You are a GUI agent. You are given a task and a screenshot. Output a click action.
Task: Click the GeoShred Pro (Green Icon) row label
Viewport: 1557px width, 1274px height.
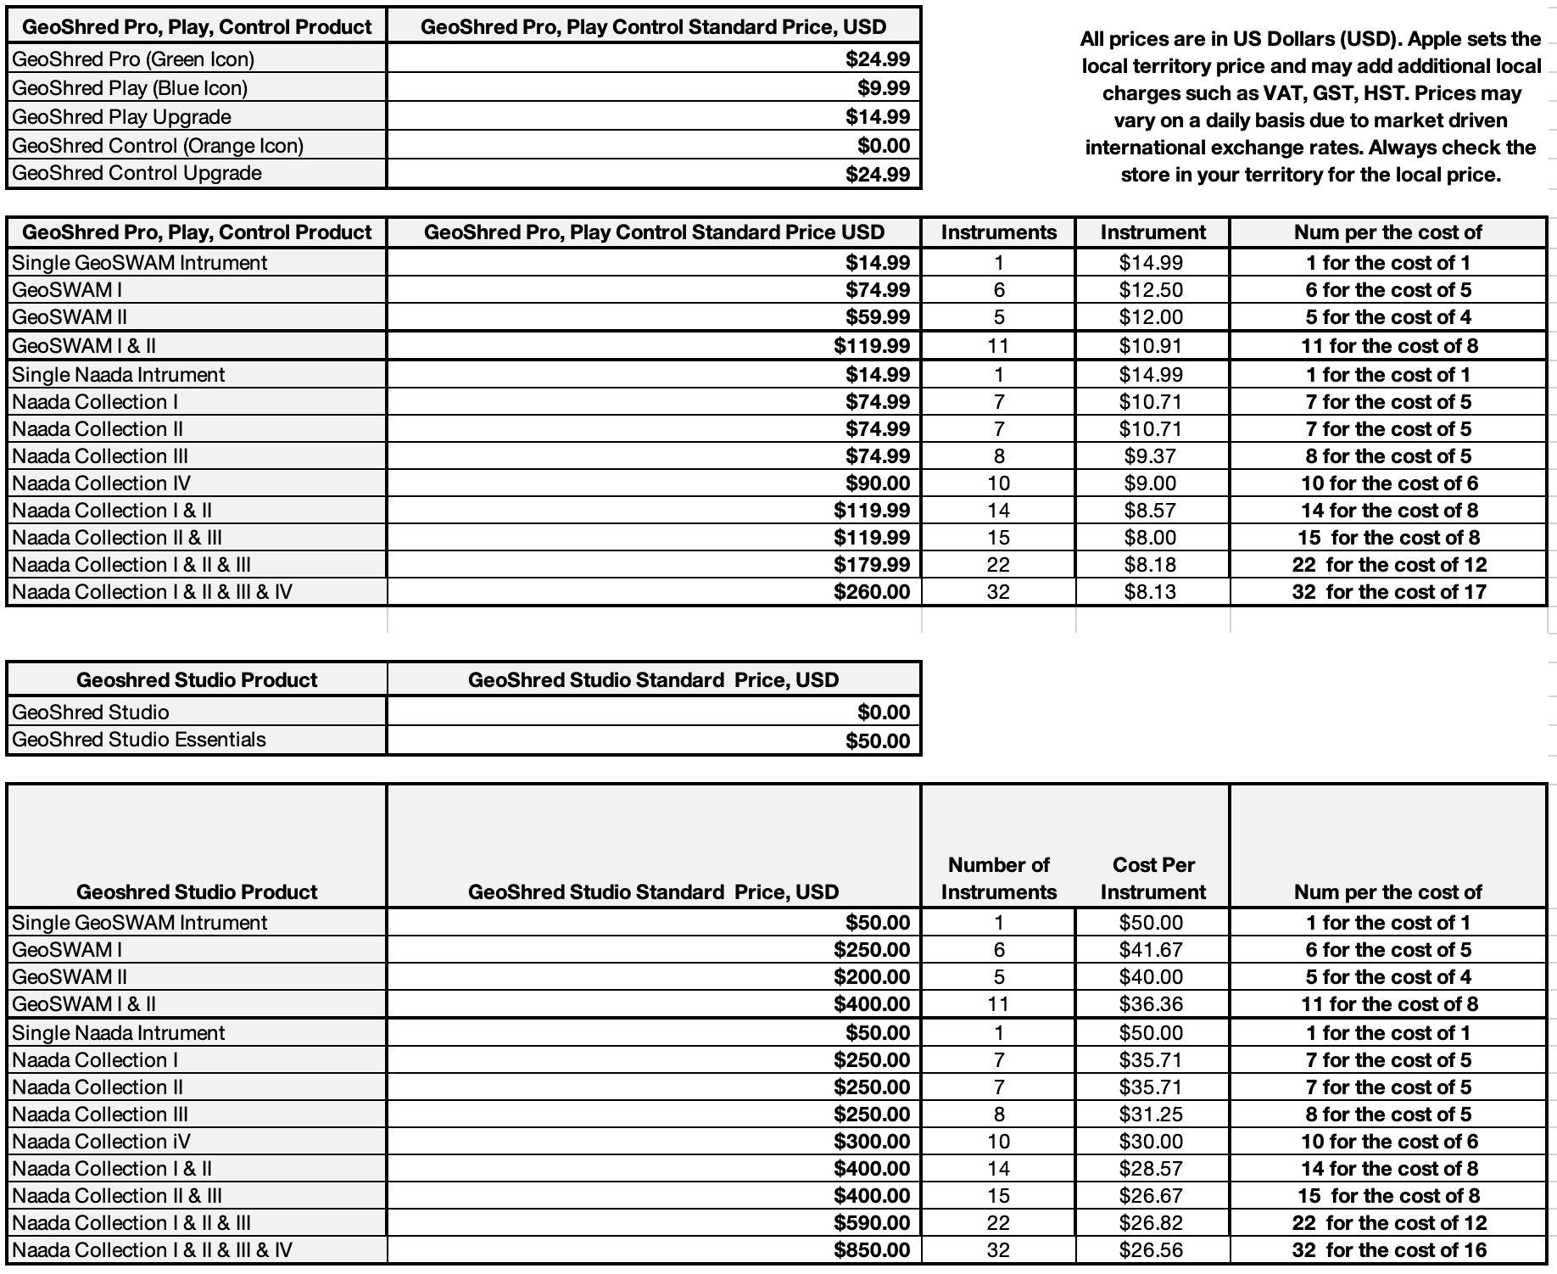133,59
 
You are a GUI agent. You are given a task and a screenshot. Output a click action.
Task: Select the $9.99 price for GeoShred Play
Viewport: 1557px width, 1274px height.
883,88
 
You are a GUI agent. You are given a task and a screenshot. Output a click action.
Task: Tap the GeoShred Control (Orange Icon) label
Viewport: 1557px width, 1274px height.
158,146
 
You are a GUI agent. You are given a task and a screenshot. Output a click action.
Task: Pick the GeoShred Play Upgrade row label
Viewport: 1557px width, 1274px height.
121,117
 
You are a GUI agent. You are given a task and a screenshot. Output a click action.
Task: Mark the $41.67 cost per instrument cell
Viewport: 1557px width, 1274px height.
1151,950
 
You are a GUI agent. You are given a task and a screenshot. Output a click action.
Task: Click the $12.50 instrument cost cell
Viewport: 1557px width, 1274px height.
1151,290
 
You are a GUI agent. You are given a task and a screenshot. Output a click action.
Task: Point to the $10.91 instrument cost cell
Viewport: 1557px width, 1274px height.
1151,346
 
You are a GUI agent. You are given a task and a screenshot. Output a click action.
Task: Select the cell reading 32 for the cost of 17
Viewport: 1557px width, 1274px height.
1388,592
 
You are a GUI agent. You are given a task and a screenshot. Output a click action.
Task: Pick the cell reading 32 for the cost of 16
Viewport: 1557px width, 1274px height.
1388,1250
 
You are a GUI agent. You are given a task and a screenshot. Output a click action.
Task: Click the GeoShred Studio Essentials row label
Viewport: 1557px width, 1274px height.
139,740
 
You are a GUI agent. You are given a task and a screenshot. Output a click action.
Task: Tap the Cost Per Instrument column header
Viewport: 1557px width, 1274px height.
1152,879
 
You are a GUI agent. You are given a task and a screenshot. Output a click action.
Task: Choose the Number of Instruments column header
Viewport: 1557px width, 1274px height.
998,879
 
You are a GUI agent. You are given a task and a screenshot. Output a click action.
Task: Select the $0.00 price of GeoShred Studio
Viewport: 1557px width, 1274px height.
883,712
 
